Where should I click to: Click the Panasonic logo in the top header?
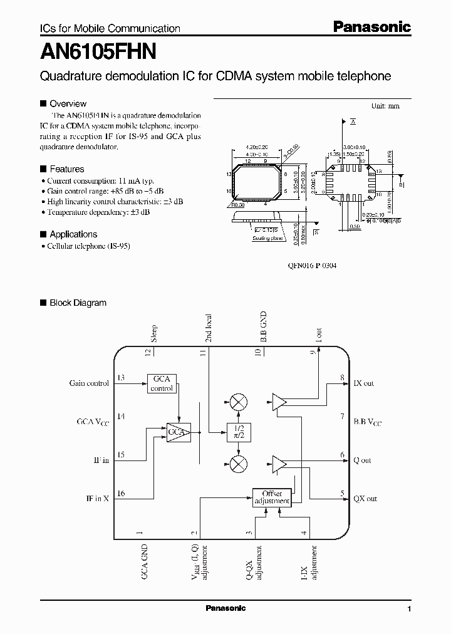[x=371, y=27]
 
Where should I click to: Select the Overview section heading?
[x=68, y=103]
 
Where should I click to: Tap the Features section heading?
[x=66, y=169]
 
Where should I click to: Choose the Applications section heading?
[x=73, y=234]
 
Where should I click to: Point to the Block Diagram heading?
[x=78, y=303]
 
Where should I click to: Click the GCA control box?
[x=162, y=383]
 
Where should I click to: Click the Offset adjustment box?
[x=272, y=497]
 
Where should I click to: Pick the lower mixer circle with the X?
[x=238, y=464]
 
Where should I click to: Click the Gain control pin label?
[x=89, y=383]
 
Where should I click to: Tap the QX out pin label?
[x=365, y=499]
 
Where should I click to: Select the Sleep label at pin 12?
[x=154, y=333]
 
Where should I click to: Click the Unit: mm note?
[x=385, y=107]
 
